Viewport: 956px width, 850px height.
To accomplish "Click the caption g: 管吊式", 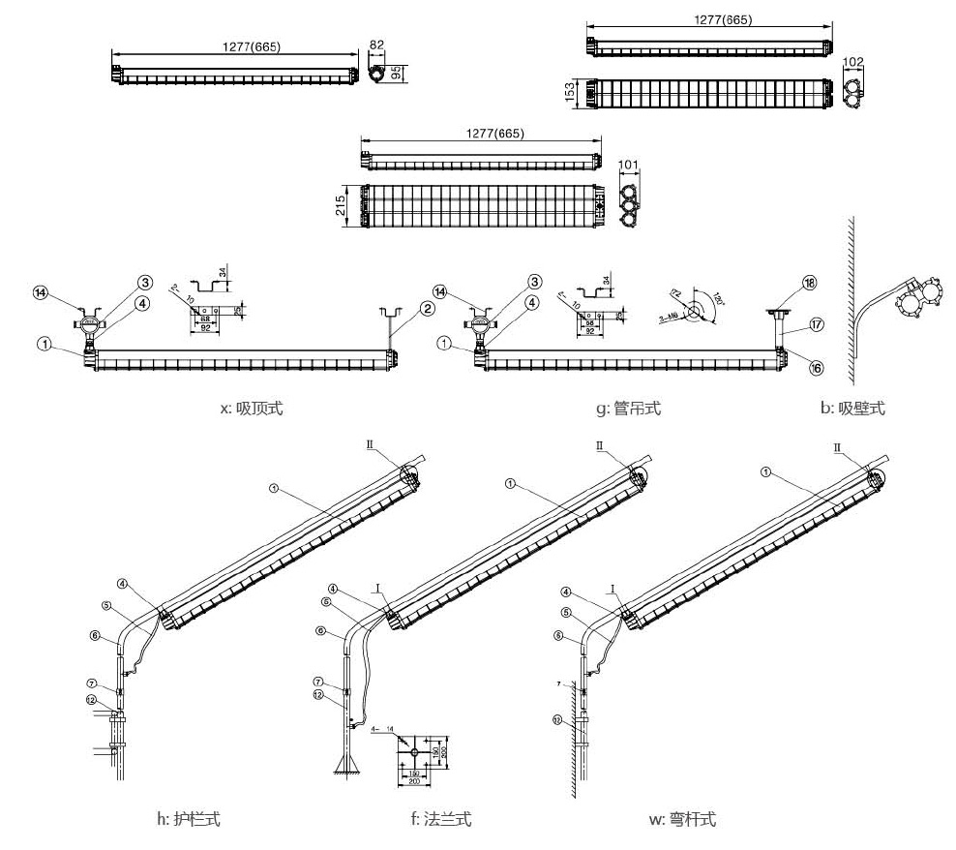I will (x=629, y=409).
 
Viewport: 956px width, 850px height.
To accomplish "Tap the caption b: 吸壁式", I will (x=852, y=409).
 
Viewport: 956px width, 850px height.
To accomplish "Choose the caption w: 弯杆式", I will (x=683, y=819).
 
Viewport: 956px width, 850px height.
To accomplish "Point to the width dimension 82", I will (x=377, y=46).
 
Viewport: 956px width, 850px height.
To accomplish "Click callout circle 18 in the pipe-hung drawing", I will (x=810, y=284).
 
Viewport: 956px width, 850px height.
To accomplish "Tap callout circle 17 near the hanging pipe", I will (x=817, y=325).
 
